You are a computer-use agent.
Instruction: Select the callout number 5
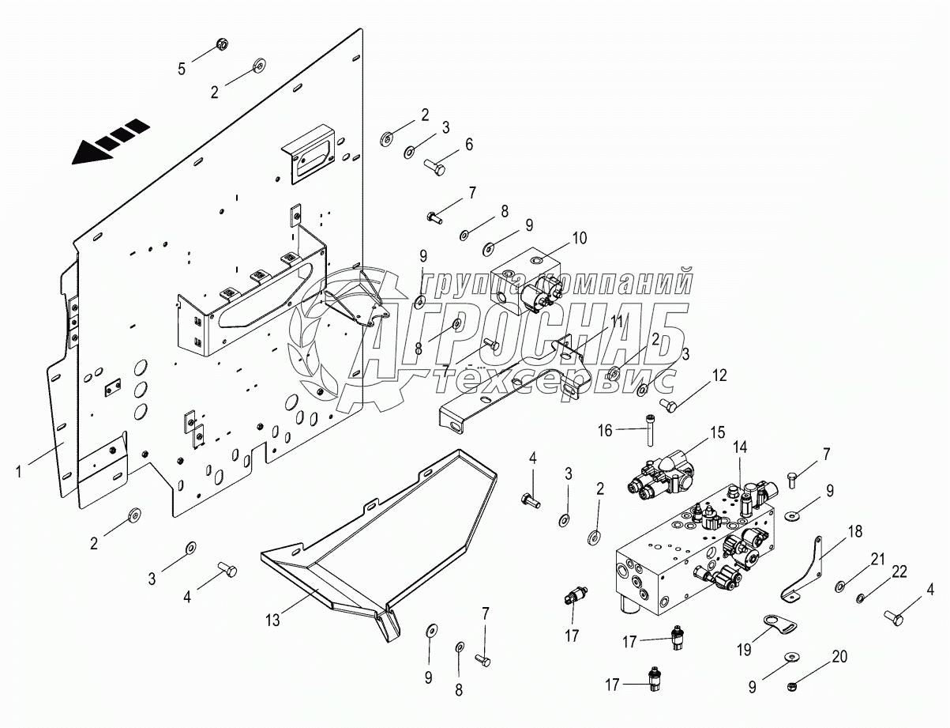[x=182, y=69]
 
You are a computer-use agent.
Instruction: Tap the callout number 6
[x=469, y=145]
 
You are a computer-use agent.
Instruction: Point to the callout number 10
[x=580, y=238]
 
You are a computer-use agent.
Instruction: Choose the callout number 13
[x=273, y=620]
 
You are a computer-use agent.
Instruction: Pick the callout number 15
[x=717, y=432]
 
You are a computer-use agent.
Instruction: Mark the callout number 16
[x=605, y=430]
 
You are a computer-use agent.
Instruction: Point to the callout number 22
[x=899, y=571]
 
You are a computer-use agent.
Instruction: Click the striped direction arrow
[x=110, y=141]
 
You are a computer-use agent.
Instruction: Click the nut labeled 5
[x=222, y=44]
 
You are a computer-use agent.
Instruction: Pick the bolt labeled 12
[x=668, y=405]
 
